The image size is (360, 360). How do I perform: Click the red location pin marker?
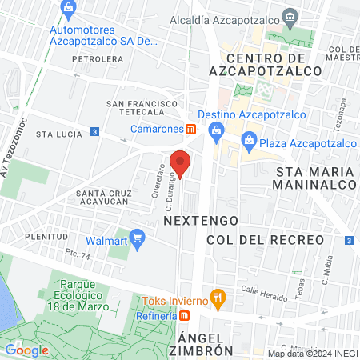point(180,163)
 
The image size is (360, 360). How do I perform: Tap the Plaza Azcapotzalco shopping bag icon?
point(250,144)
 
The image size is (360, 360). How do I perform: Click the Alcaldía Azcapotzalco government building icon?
point(289,16)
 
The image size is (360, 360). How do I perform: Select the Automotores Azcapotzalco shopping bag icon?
point(69,10)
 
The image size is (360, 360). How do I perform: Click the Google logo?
point(26,350)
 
